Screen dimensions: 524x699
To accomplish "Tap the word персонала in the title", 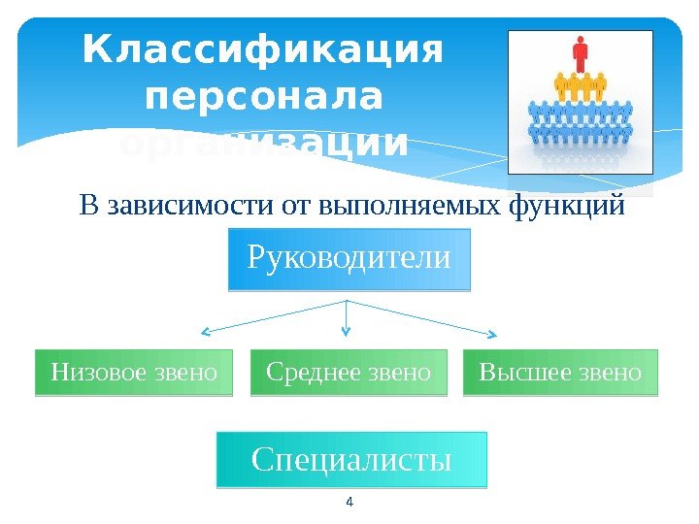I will pyautogui.click(x=262, y=98).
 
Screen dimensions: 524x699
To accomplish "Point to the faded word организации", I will pyautogui.click(x=262, y=145).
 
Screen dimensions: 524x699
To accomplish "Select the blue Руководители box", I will pyautogui.click(x=349, y=260).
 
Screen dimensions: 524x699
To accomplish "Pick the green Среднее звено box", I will pyautogui.click(x=349, y=373).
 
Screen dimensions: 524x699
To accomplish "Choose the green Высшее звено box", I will pyautogui.click(x=560, y=373).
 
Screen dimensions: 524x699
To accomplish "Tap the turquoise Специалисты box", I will pyautogui.click(x=351, y=460).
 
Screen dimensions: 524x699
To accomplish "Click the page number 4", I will pyautogui.click(x=349, y=502).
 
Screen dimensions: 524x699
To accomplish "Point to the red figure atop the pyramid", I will pyautogui.click(x=581, y=52).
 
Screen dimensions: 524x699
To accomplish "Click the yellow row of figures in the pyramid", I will pyautogui.click(x=581, y=88).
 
